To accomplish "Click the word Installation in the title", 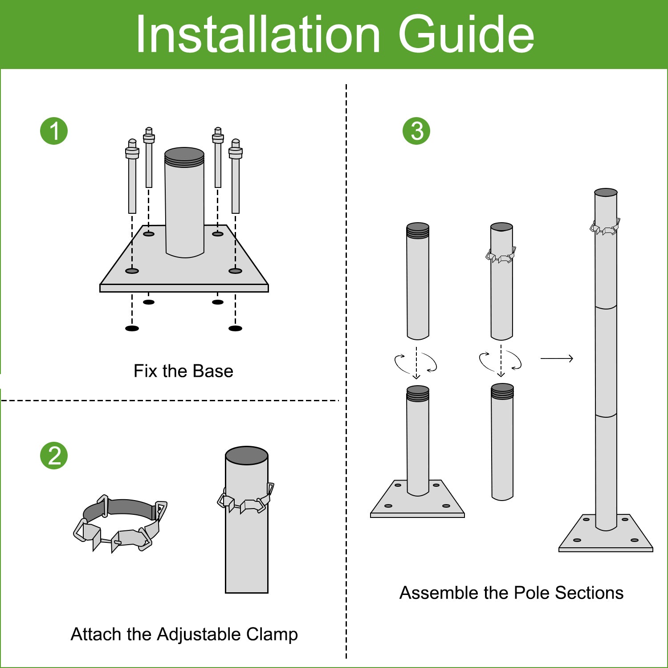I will click(x=257, y=35).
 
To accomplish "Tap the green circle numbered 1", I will click(x=54, y=131).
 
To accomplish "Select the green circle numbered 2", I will click(x=54, y=456).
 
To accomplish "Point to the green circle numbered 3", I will click(x=416, y=131).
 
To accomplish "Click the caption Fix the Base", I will click(x=183, y=371).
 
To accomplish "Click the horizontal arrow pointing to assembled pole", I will click(x=557, y=358).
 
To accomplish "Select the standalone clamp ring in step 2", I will click(x=120, y=523).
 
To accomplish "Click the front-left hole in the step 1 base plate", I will click(x=132, y=271).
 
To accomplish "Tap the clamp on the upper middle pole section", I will click(x=501, y=256).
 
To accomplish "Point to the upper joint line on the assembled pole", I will click(x=606, y=307).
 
